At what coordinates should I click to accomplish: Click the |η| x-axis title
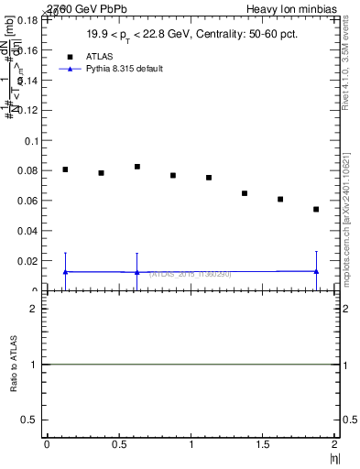point(333,457)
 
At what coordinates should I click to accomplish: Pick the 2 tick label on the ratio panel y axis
point(33,309)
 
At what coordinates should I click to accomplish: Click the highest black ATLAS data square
point(137,167)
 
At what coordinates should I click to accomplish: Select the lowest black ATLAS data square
point(316,209)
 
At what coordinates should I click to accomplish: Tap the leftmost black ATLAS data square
point(65,169)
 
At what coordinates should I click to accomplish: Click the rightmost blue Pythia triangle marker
point(316,271)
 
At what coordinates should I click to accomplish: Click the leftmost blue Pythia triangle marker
point(65,272)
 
